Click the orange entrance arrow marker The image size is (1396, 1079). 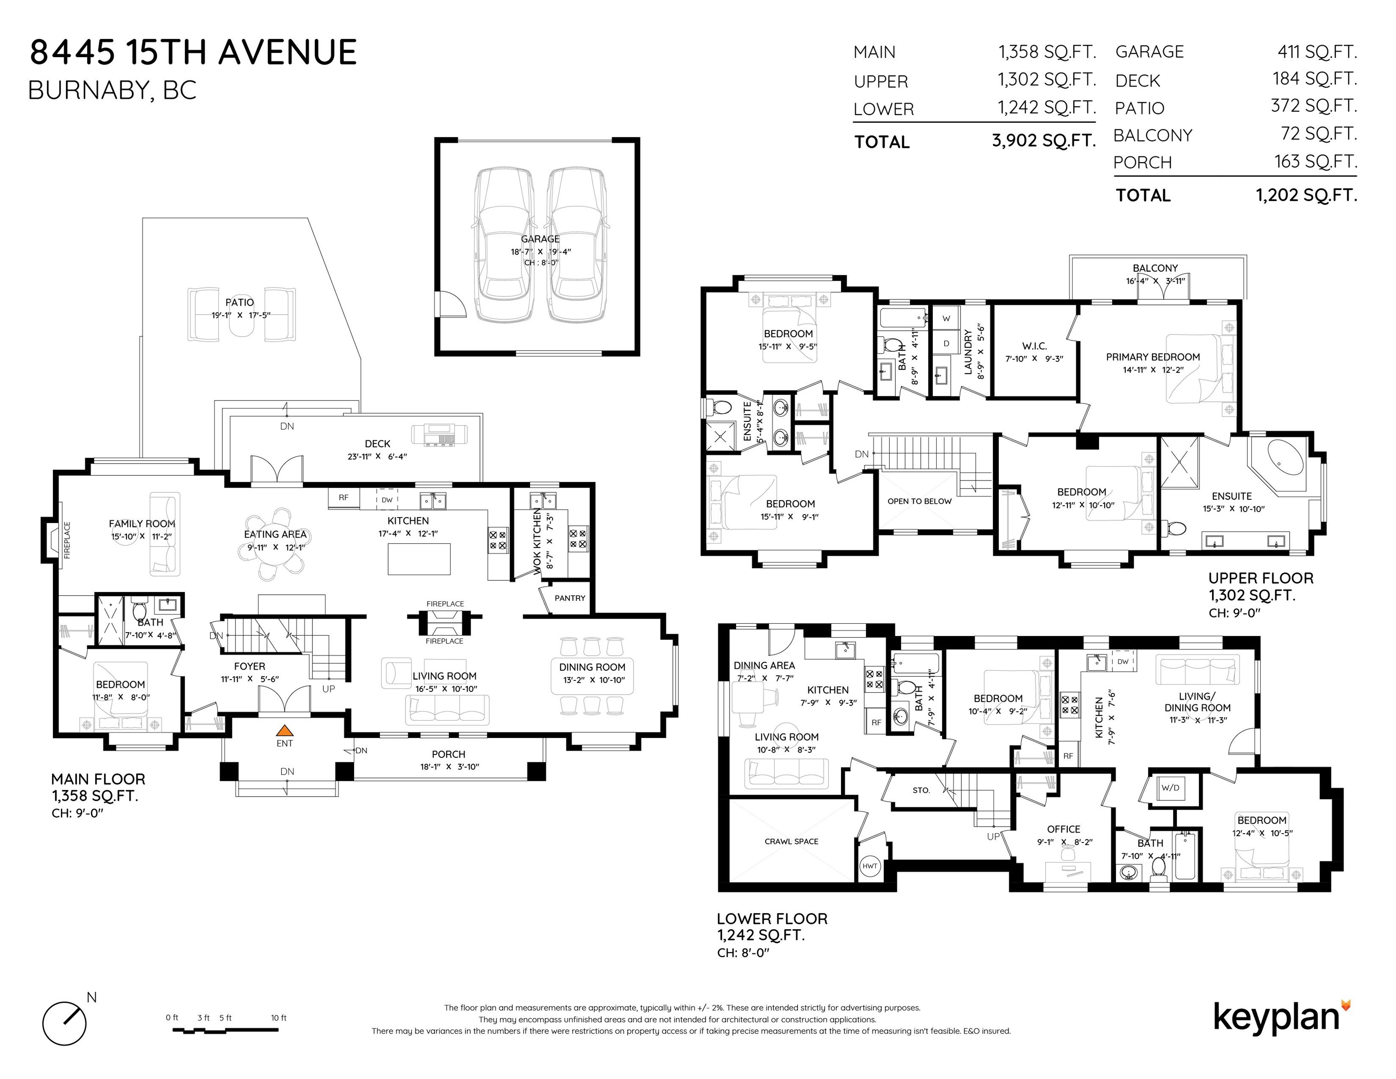(284, 730)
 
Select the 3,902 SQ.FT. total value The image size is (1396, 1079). (1044, 140)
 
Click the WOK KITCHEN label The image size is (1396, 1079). (537, 541)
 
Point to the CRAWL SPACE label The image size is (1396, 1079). (791, 841)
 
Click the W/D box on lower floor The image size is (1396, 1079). (1170, 788)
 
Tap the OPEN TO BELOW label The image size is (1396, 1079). (919, 501)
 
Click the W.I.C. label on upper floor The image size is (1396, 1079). (1034, 346)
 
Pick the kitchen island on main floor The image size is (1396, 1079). (419, 559)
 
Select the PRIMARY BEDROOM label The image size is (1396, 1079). (1153, 357)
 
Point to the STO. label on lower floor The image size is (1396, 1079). (921, 790)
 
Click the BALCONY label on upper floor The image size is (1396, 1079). (1155, 268)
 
